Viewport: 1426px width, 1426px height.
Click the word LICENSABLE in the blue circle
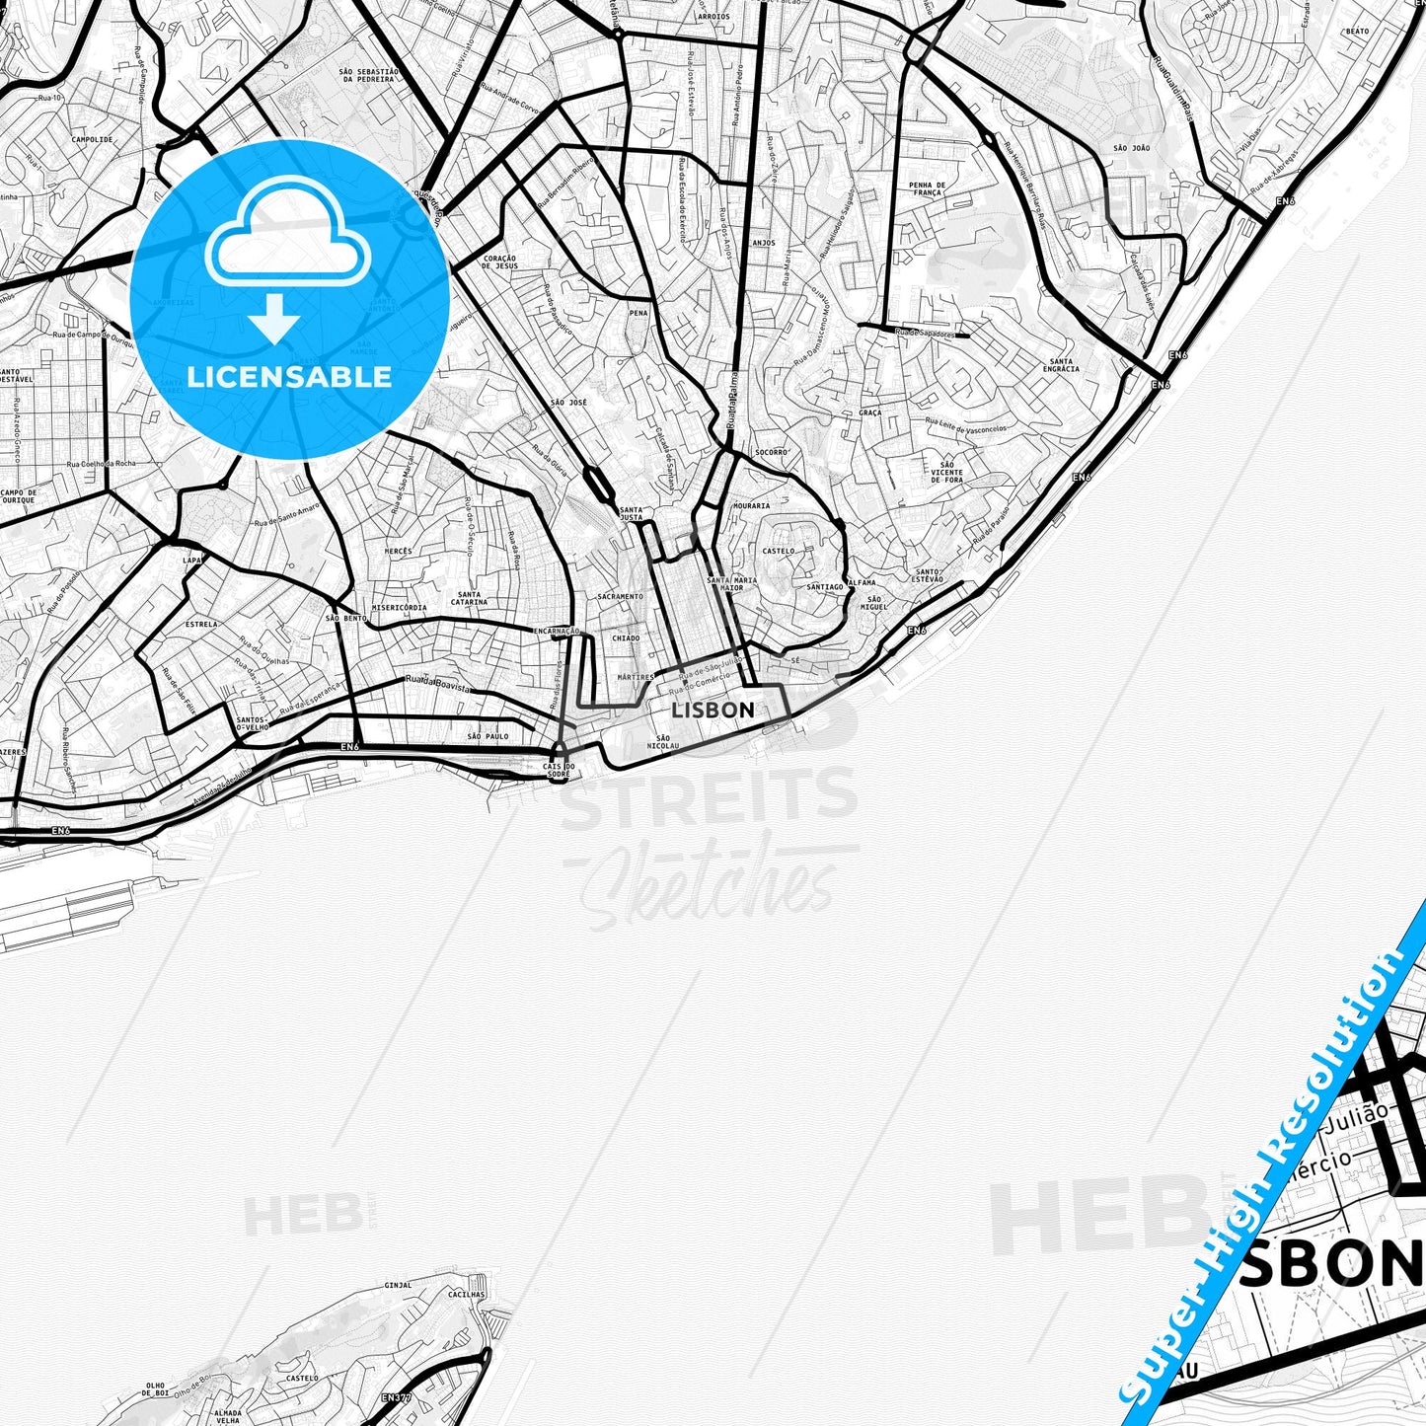tap(289, 377)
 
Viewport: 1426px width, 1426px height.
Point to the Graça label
tap(869, 413)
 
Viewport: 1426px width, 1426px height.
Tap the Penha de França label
tap(927, 189)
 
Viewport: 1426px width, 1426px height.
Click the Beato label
tap(1357, 32)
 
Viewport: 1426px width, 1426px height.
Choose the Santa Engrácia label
tap(1061, 365)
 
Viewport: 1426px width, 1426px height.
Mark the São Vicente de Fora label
tap(947, 472)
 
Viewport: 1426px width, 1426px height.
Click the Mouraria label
tap(752, 506)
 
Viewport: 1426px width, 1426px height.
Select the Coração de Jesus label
tap(500, 263)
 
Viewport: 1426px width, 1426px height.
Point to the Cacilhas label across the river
tap(466, 1294)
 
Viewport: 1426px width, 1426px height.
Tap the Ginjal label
tap(398, 1285)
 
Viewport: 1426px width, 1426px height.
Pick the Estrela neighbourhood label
tap(201, 625)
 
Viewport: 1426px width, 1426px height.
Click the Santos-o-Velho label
tap(254, 723)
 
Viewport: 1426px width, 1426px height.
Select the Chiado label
tap(626, 638)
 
